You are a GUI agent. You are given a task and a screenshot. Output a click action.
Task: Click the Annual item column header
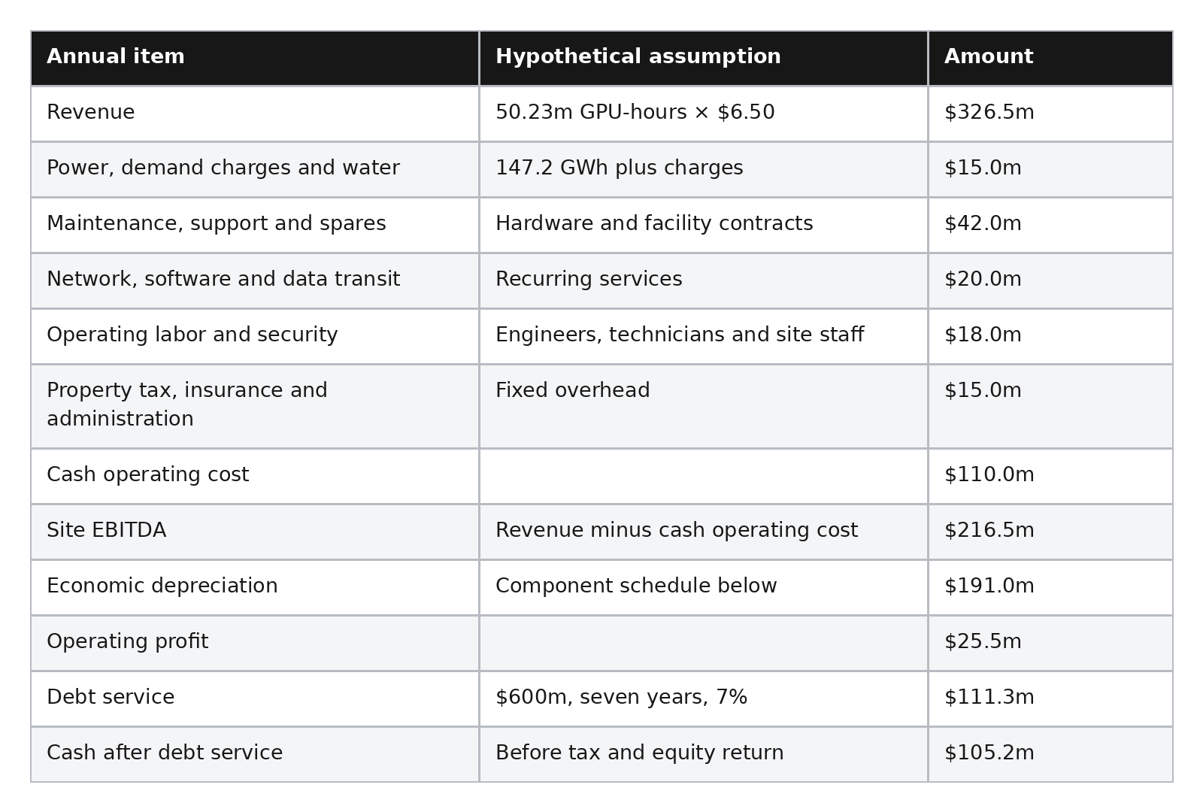[x=116, y=56]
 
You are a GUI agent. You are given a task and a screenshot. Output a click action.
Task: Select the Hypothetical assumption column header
[x=638, y=56]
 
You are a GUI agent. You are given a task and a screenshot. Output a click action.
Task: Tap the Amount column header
[x=989, y=56]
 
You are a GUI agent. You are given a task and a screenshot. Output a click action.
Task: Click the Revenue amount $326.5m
[x=989, y=112]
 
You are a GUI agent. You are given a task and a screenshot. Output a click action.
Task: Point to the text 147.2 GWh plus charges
[x=620, y=168]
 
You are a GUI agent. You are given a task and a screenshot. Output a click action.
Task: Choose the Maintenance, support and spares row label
[x=217, y=223]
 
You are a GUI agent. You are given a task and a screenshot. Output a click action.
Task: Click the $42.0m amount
[x=983, y=223]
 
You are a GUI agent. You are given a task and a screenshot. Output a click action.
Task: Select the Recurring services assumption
[x=589, y=279]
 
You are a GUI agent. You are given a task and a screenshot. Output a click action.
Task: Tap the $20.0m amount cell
[x=983, y=279]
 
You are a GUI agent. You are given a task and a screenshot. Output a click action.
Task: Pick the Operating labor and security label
[x=192, y=335]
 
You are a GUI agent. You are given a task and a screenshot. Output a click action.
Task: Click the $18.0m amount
[x=983, y=335]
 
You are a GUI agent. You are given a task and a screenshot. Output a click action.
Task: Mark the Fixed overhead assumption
[x=572, y=390]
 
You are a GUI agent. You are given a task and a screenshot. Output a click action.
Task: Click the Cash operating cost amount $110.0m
[x=989, y=474]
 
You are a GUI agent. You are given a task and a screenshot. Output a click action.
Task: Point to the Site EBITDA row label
[x=106, y=530]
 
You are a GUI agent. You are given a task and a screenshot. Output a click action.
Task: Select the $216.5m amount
[x=989, y=530]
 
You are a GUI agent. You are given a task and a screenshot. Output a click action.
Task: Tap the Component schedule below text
[x=636, y=586]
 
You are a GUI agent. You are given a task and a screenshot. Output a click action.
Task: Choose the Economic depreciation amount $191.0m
[x=989, y=586]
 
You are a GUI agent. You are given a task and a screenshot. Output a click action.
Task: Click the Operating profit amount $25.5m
[x=983, y=641]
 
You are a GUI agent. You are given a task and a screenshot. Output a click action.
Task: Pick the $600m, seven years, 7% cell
[x=621, y=697]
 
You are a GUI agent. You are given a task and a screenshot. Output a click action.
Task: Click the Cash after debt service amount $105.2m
[x=989, y=753]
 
